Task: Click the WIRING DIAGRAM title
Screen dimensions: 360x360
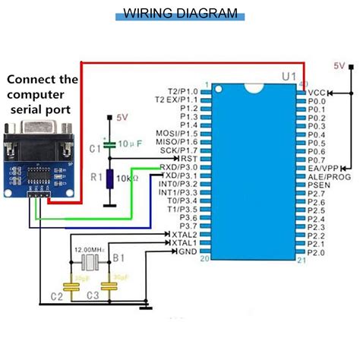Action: (180, 13)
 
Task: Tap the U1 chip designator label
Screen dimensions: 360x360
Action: (289, 77)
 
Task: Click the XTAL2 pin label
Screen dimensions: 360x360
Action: (183, 234)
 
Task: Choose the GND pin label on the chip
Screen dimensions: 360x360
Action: (186, 251)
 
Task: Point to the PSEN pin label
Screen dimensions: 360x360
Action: (320, 184)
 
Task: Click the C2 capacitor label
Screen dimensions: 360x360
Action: (56, 295)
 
